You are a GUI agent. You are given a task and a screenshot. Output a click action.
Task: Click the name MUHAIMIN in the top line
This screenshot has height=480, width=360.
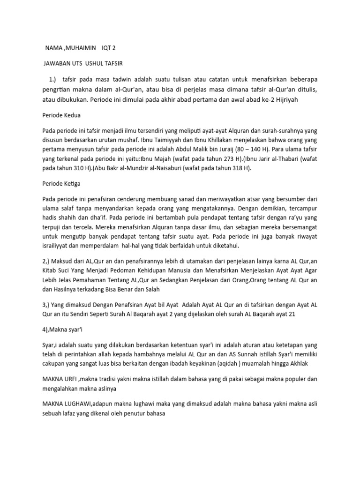tap(81, 48)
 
